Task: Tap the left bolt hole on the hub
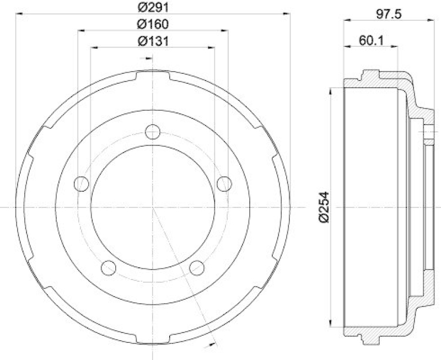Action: coord(82,183)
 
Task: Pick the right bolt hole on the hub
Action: coord(224,183)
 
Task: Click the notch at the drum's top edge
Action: coord(153,73)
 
